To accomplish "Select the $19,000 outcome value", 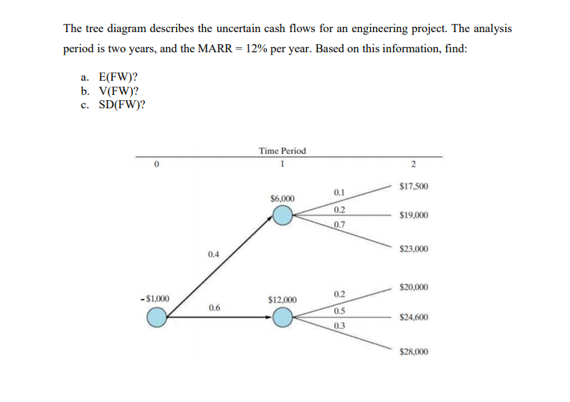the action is (413, 215).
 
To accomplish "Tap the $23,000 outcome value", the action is (413, 249).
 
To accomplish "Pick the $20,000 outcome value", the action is (413, 287).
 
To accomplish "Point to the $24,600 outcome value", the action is (413, 317).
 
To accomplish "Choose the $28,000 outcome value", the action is (413, 350).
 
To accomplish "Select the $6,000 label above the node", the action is (282, 199).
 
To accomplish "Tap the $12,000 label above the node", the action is (282, 300).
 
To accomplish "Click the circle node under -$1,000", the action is (156, 318).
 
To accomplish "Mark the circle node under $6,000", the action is (282, 216).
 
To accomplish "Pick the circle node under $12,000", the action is (282, 318).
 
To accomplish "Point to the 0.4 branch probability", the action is (214, 254).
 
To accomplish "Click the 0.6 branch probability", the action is (214, 307).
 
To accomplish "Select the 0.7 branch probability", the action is (339, 224).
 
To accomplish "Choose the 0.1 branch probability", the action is (339, 193).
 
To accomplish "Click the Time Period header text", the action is (282, 151).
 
